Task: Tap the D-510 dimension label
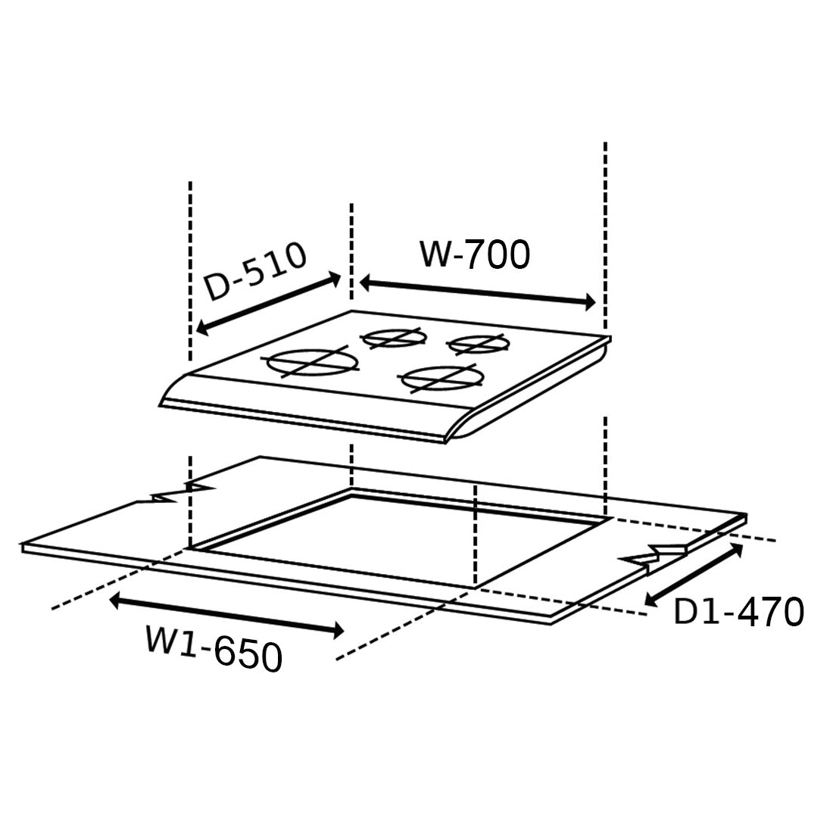[256, 271]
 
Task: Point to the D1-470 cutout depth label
[738, 611]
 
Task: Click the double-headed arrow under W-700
[477, 293]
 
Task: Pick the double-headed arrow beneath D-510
[268, 304]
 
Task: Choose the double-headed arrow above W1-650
[226, 616]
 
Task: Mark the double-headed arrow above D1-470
[693, 574]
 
